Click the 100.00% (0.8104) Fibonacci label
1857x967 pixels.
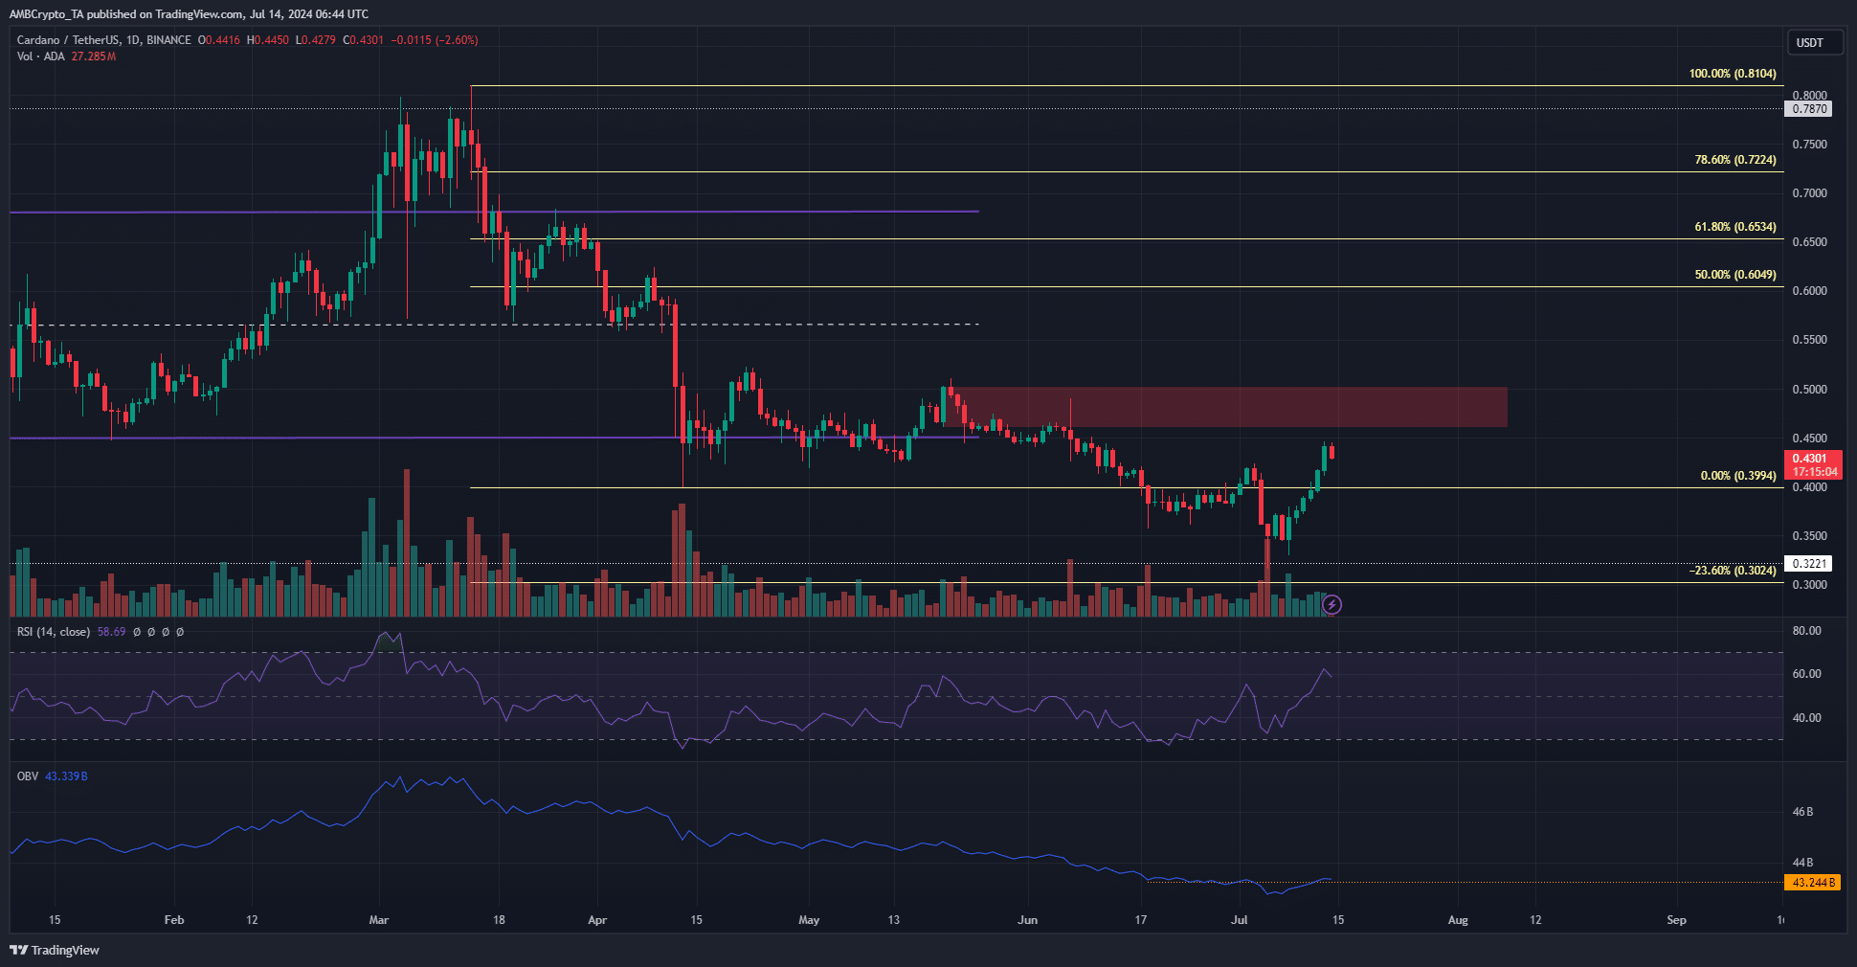pyautogui.click(x=1733, y=74)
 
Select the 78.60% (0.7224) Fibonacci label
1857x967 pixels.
pyautogui.click(x=1735, y=160)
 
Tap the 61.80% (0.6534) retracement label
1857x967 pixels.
pyautogui.click(x=1735, y=227)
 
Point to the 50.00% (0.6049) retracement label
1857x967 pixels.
pyautogui.click(x=1735, y=275)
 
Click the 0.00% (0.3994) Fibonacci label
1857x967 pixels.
pyautogui.click(x=1738, y=476)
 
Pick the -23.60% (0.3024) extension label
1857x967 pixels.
pyautogui.click(x=1733, y=571)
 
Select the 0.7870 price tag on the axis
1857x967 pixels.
pyautogui.click(x=1809, y=109)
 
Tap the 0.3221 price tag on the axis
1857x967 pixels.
pyautogui.click(x=1809, y=564)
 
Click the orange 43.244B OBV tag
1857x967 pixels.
pyautogui.click(x=1813, y=883)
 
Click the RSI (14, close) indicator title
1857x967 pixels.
pyautogui.click(x=54, y=632)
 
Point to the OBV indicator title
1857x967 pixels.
pyautogui.click(x=28, y=776)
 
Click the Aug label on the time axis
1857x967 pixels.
pyautogui.click(x=1458, y=920)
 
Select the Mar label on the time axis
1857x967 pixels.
pyautogui.click(x=379, y=920)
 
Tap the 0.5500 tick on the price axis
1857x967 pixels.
pyautogui.click(x=1809, y=340)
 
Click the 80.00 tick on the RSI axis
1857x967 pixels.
pyautogui.click(x=1806, y=631)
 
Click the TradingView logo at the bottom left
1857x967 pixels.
pyautogui.click(x=55, y=950)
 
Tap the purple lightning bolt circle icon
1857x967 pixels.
pyautogui.click(x=1331, y=604)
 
